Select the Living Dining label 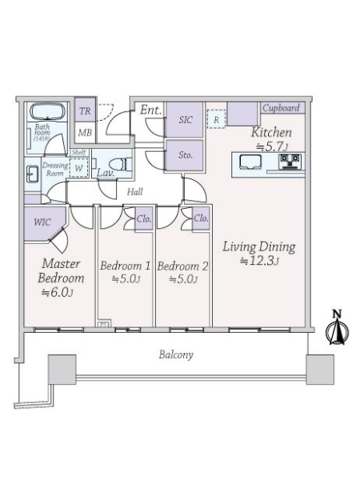(x=259, y=252)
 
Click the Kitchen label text (x=271, y=133)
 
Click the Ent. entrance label (x=150, y=110)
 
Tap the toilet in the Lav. (x=117, y=164)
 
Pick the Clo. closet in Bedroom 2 (x=201, y=218)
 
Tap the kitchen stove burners (x=290, y=162)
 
